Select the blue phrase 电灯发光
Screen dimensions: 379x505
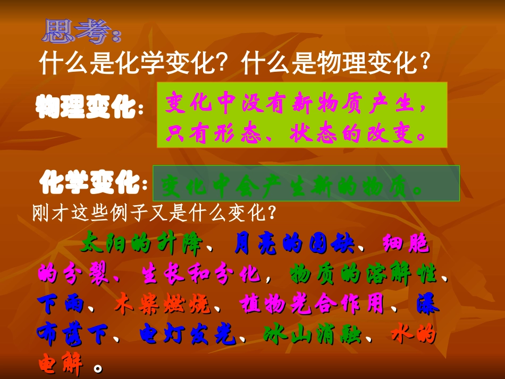pos(188,335)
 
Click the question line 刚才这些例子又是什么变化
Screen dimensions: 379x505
pos(154,214)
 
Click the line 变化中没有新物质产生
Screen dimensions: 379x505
pos(295,103)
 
